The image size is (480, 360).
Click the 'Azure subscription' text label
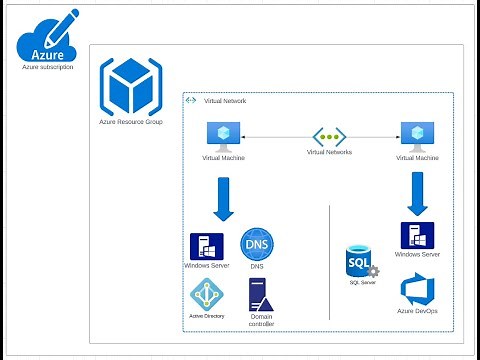[x=48, y=68]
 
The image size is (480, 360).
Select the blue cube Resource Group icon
[x=130, y=86]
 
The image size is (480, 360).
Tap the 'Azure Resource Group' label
[x=131, y=121]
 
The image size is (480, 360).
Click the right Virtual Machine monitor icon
[x=416, y=136]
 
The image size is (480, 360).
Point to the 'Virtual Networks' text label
[x=330, y=154]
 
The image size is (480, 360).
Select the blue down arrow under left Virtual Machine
[x=223, y=197]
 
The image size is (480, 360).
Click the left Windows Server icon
[x=205, y=246]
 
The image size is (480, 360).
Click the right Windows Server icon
[x=416, y=236]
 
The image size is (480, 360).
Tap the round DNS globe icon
[x=257, y=244]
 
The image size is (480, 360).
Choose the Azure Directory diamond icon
[x=206, y=294]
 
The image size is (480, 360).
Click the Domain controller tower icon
[x=260, y=294]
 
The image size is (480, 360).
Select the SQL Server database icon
[x=360, y=262]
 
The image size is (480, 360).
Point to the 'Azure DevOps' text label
[x=417, y=312]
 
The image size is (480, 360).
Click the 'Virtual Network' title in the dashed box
[x=225, y=101]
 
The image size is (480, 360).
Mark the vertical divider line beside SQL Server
[x=330, y=260]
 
